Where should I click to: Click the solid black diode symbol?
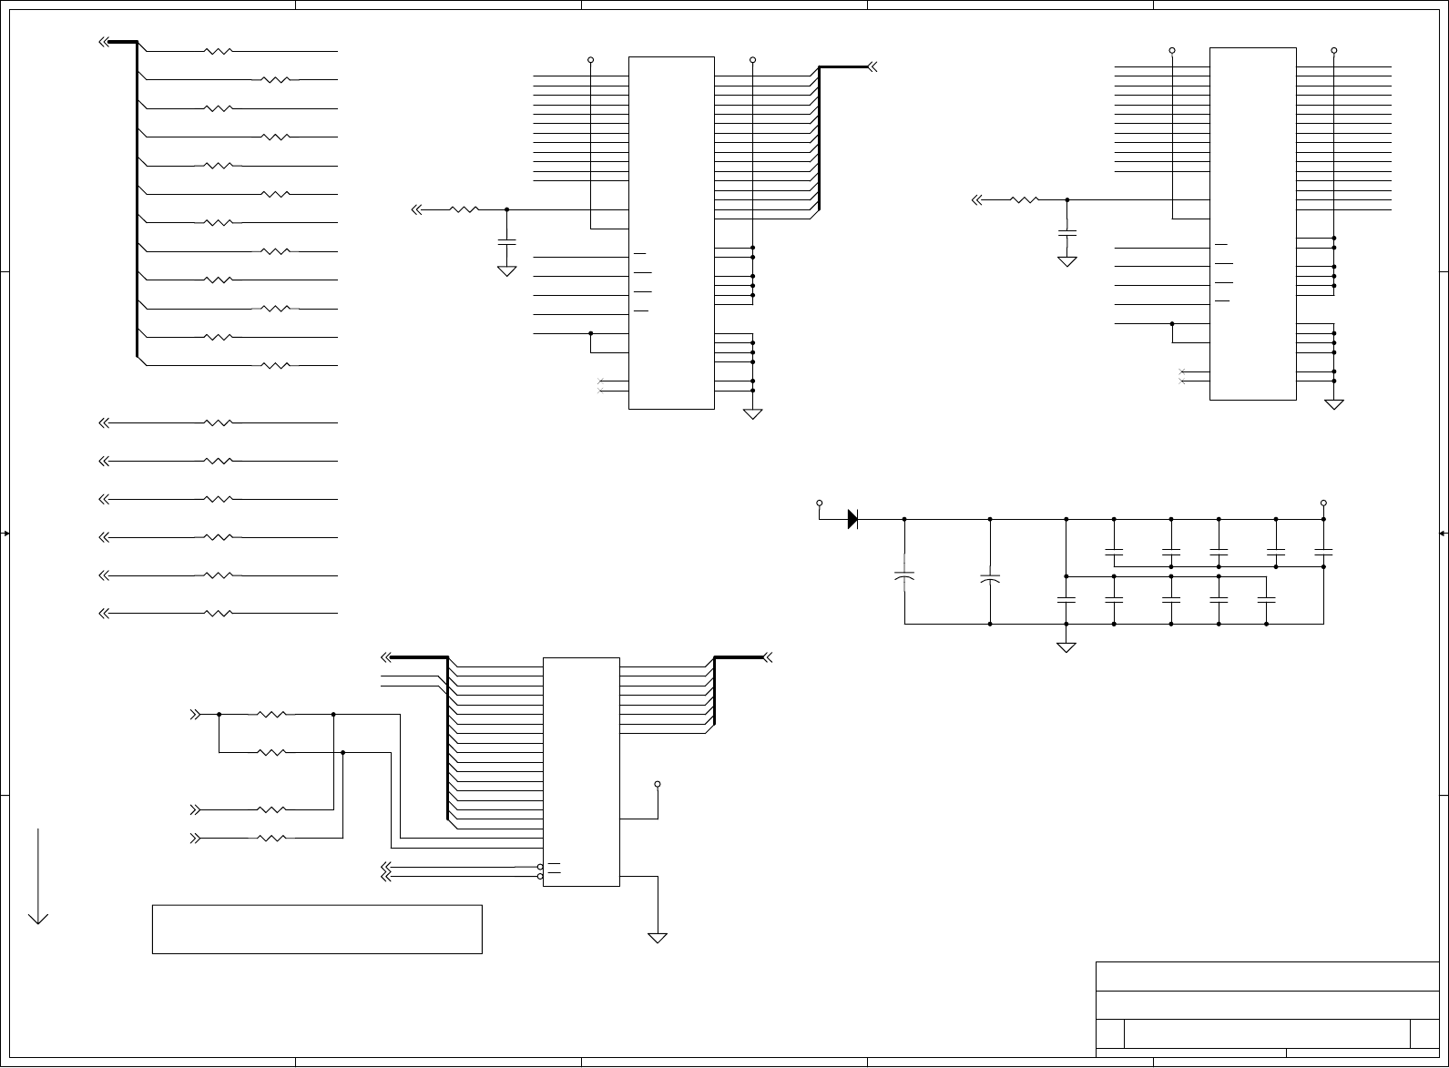pos(852,519)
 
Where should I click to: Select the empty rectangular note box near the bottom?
pos(317,929)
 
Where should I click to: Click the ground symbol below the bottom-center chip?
pos(657,937)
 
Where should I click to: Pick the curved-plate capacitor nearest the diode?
pos(904,576)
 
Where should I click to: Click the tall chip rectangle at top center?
pos(671,232)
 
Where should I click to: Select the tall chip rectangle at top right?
pos(1252,223)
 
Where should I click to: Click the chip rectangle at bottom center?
pos(581,771)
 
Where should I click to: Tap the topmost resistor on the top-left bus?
pos(219,52)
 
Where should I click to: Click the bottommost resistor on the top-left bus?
pos(275,366)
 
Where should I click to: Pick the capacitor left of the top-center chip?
pos(506,241)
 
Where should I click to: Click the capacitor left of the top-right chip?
pos(1066,233)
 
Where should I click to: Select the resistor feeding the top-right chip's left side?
pos(1025,199)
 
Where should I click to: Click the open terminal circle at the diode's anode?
pos(819,503)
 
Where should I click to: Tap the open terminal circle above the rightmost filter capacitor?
pos(1323,503)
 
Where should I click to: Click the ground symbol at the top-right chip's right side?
pos(1334,403)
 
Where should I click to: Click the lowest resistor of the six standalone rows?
pos(219,614)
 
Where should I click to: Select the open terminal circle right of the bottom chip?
pos(658,783)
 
